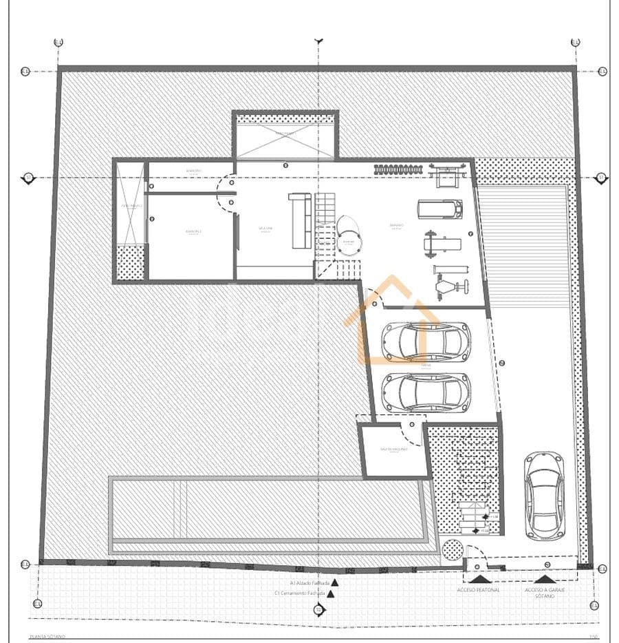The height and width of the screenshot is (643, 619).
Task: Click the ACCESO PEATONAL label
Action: (x=478, y=590)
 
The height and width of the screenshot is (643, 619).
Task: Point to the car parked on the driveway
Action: (x=543, y=495)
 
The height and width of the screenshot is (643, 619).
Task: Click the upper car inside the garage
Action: (x=426, y=341)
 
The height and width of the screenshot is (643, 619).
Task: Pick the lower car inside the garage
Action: (x=426, y=392)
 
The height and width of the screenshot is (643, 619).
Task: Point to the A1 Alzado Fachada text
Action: (x=301, y=582)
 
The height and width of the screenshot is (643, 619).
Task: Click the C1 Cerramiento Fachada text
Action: (x=299, y=593)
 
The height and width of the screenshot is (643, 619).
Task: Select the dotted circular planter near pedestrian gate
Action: (x=453, y=551)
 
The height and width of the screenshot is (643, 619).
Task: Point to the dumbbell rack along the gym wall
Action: (x=398, y=169)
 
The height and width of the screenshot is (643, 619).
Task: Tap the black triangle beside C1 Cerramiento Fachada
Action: (x=331, y=593)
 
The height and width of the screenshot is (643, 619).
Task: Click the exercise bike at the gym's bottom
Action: (x=448, y=283)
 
